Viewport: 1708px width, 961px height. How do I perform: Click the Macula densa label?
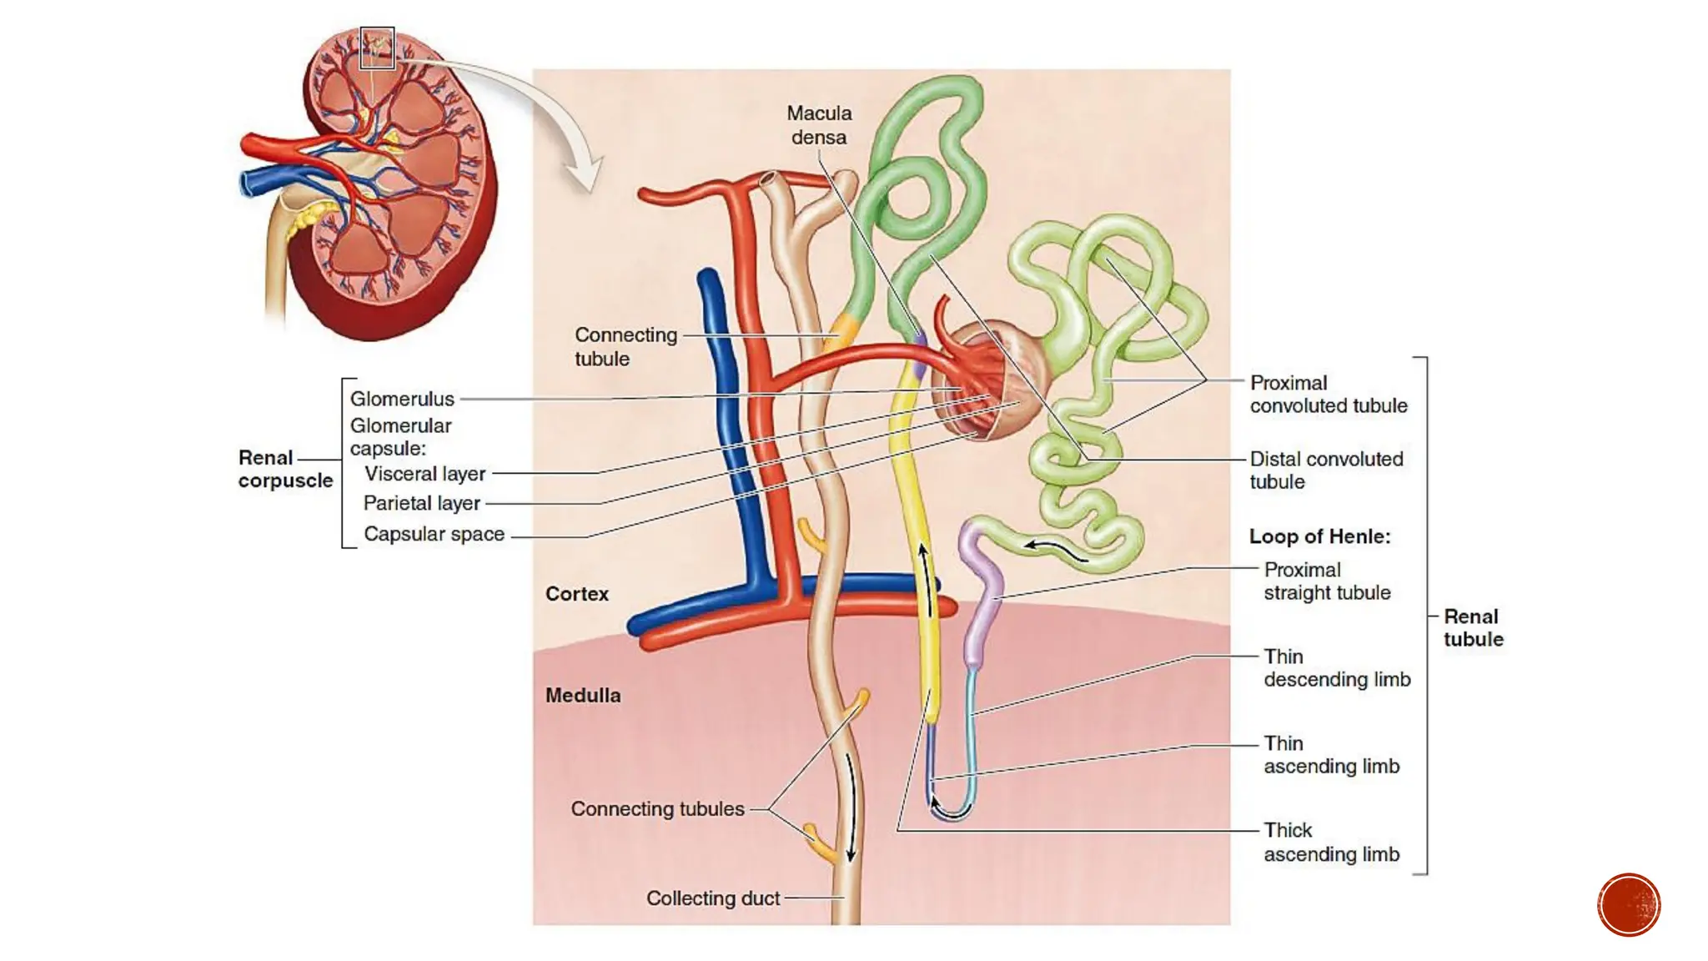click(819, 125)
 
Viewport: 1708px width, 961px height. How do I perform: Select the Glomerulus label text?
click(402, 399)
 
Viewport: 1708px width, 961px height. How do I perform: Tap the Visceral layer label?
click(424, 474)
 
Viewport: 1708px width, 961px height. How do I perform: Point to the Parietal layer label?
click(421, 503)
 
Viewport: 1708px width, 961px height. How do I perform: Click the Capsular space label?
click(434, 534)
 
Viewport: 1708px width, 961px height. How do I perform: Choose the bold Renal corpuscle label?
click(284, 469)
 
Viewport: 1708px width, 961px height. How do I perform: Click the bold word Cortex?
click(576, 594)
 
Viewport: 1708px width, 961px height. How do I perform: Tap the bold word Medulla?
click(582, 695)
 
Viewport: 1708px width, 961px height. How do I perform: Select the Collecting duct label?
click(712, 898)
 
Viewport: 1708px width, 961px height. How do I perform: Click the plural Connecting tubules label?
click(657, 808)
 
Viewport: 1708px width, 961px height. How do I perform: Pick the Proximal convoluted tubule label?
click(1327, 394)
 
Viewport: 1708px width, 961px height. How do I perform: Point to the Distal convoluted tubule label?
click(1325, 470)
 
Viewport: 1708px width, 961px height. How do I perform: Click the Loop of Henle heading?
click(1319, 536)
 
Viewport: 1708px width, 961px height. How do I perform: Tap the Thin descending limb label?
click(1335, 668)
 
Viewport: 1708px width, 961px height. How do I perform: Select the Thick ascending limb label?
click(1330, 842)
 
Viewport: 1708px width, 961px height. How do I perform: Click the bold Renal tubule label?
click(1473, 627)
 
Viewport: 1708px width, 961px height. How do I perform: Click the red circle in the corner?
click(1628, 904)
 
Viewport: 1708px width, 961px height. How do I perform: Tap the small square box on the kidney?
click(377, 48)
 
